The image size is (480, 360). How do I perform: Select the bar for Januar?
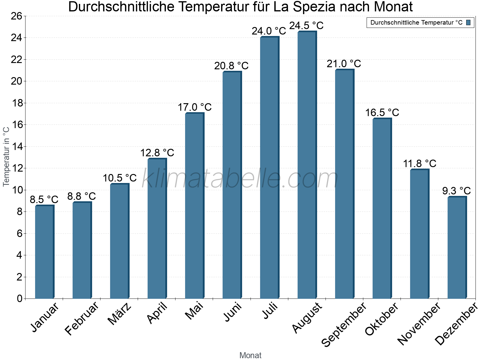coord(44,252)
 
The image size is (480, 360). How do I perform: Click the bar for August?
coord(307,165)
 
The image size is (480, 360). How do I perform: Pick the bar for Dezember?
coord(457,247)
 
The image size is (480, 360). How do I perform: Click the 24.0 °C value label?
coord(269,31)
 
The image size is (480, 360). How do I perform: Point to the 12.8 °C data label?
coord(157,153)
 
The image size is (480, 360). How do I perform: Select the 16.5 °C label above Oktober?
coord(382,112)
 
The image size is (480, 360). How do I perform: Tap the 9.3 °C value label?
coord(456,191)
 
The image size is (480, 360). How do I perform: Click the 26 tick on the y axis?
coord(16,16)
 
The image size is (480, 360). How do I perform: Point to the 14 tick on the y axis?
coord(16,146)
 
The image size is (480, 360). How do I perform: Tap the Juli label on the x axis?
coord(270,311)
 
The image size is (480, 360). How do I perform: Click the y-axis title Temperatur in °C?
coord(6,156)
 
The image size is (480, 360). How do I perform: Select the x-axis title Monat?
coord(250,355)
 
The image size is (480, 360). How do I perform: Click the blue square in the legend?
coord(468,22)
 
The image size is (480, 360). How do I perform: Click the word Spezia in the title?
coord(313,7)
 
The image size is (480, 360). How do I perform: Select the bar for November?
coord(419,234)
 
